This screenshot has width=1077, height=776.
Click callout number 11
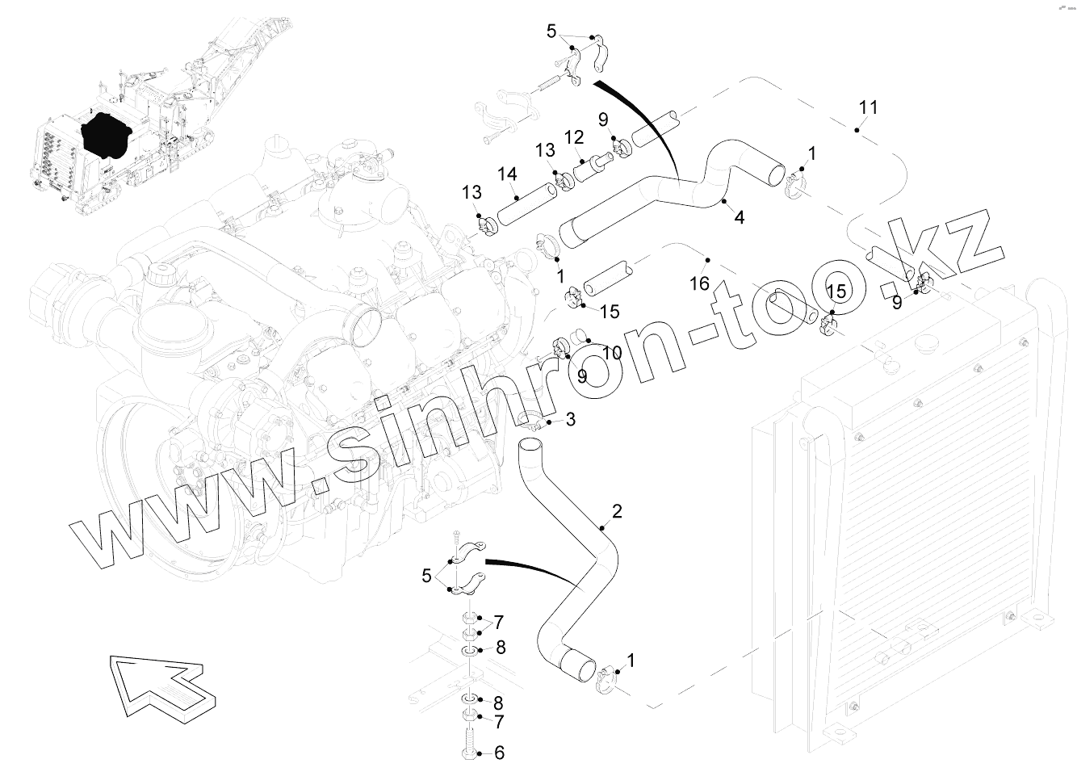868,107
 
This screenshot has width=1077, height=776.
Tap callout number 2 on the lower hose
617,511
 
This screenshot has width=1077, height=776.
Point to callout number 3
570,419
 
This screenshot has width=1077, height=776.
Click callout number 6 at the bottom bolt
499,753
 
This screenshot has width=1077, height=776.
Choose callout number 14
507,174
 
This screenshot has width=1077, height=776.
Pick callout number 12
574,138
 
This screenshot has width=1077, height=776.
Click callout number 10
611,353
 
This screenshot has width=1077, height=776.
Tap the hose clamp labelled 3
534,421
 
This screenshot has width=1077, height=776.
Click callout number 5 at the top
552,31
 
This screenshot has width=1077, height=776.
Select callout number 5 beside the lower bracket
427,576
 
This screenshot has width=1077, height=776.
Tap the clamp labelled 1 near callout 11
795,186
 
